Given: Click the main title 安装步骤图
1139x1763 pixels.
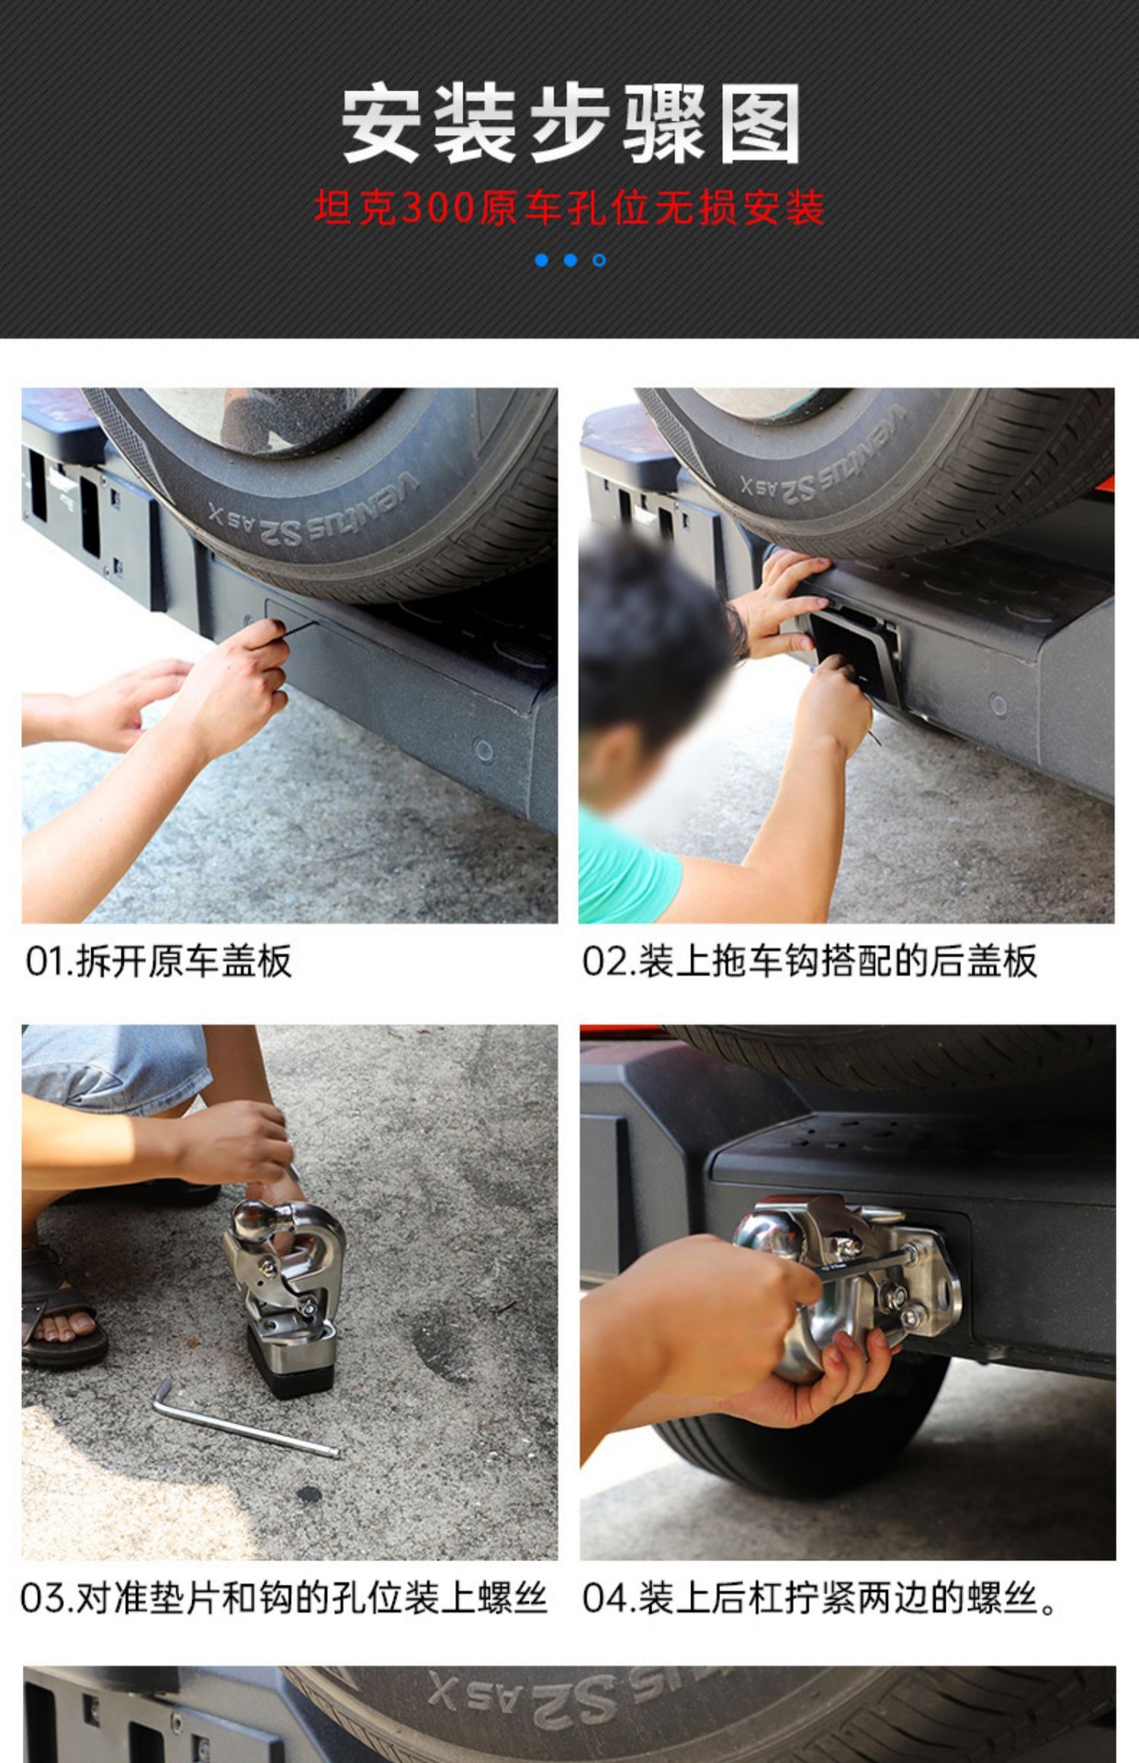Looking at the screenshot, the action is click(570, 124).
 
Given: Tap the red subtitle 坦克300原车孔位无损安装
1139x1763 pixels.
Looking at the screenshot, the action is click(569, 208).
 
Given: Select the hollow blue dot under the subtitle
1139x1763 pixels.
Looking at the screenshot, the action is click(599, 260).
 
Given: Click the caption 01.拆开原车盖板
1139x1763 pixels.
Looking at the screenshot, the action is click(158, 961).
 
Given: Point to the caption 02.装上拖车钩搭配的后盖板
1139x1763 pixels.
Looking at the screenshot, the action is click(809, 961).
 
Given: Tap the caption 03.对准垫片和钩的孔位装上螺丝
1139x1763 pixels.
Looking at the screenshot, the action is click(284, 1599).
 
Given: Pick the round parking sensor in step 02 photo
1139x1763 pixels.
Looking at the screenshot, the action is click(998, 705).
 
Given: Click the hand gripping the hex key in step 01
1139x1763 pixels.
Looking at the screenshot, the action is click(230, 684).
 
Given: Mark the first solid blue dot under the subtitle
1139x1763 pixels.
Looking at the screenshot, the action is click(542, 260).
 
